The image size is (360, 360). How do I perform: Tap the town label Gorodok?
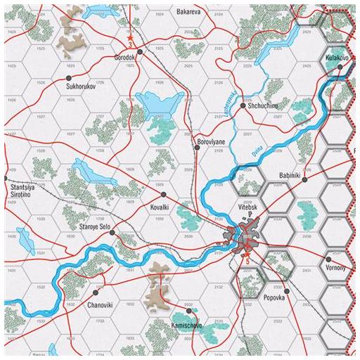(x=126, y=58)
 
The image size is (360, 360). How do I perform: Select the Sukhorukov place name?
(x=80, y=87)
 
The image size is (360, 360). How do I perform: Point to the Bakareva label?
(x=190, y=12)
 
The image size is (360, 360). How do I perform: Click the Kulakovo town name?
(x=337, y=57)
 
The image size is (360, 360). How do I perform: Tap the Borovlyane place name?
(x=210, y=141)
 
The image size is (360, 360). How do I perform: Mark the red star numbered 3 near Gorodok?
(x=130, y=35)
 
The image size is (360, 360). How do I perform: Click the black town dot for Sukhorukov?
(x=69, y=78)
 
